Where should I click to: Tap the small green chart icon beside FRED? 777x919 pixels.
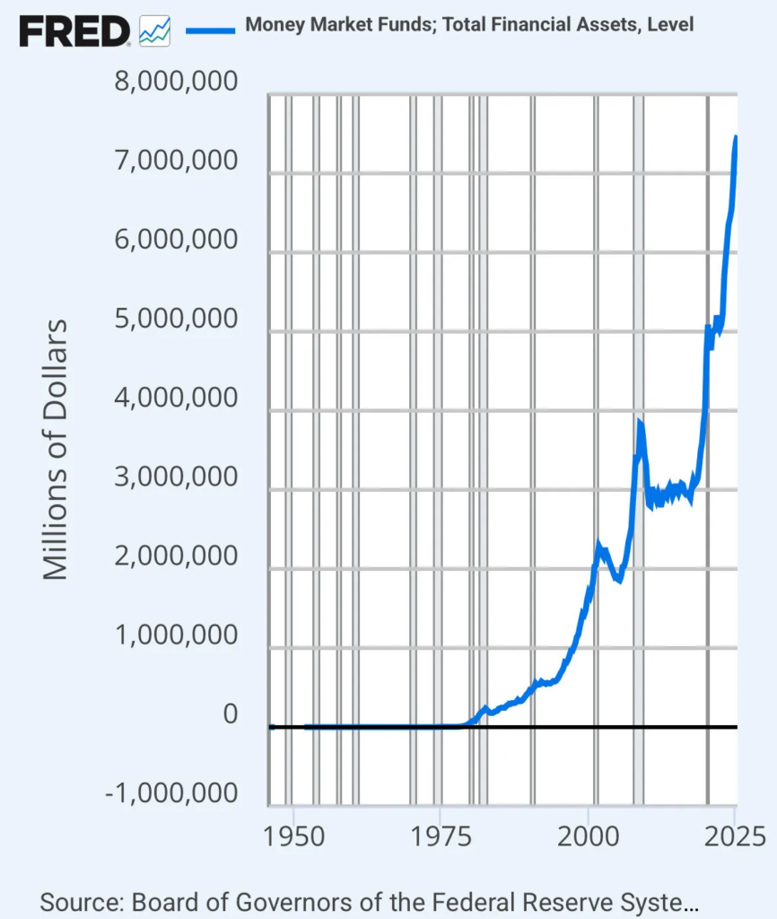click(155, 32)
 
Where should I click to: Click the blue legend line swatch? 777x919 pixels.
click(209, 30)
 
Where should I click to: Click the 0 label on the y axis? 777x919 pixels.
click(231, 714)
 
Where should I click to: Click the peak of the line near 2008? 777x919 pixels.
click(640, 421)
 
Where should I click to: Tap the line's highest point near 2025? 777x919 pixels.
click(736, 137)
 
